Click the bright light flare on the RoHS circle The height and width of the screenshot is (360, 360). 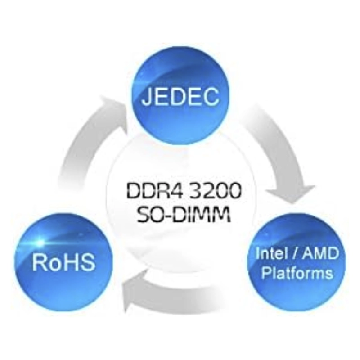point(40,242)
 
